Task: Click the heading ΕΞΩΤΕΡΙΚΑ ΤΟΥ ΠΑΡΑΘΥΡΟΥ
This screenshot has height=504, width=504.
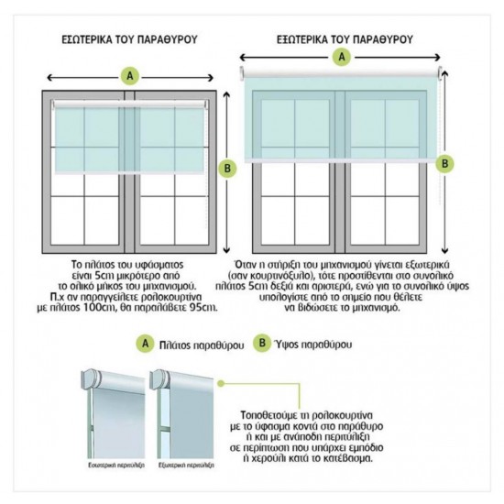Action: coord(345,40)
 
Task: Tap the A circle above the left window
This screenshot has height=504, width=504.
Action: coord(131,75)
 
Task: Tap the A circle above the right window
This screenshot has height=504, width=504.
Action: coord(344,58)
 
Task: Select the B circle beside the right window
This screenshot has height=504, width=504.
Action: coord(444,163)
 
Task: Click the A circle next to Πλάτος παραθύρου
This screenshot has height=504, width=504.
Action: coord(145,345)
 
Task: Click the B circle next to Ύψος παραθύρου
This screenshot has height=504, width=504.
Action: coord(264,345)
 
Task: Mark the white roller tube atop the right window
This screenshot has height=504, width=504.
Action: coord(344,72)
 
